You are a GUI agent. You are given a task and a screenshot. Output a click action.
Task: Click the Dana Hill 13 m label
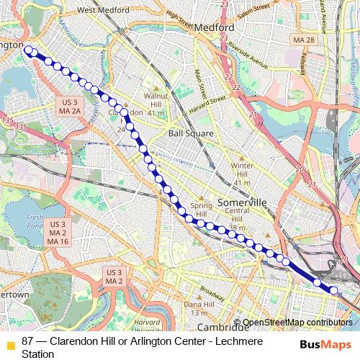194,308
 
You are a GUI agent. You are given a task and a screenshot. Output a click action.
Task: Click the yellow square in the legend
9,343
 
